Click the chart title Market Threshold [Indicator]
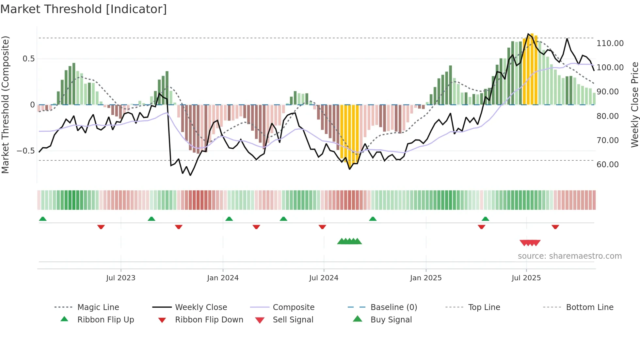pos(84,9)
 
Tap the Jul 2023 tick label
pos(120,278)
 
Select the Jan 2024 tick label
pos(223,278)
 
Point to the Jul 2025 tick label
pos(526,278)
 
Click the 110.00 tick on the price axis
pos(610,43)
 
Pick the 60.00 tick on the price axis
pos(607,165)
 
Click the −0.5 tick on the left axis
pos(25,151)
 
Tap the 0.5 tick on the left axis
pos(28,59)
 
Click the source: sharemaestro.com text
pos(569,256)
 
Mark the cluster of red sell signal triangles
pos(530,243)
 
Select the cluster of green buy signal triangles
pos(349,241)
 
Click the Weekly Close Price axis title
pos(634,105)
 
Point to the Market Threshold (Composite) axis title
pos(5,105)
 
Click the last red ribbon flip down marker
pos(555,227)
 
